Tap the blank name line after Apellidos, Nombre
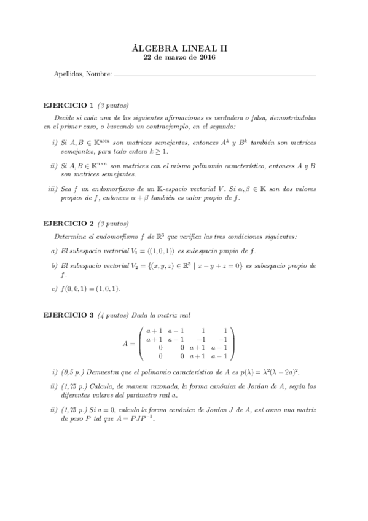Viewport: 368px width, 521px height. point(214,74)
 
